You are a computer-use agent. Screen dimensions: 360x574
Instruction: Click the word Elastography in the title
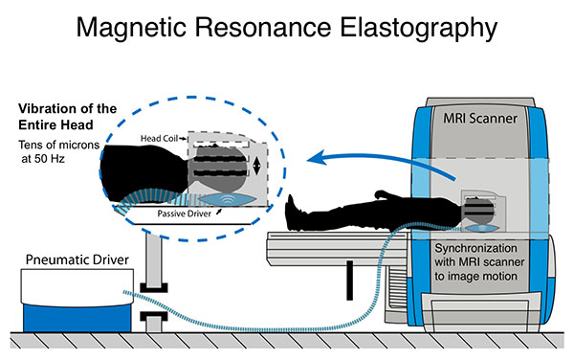[420, 33]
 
